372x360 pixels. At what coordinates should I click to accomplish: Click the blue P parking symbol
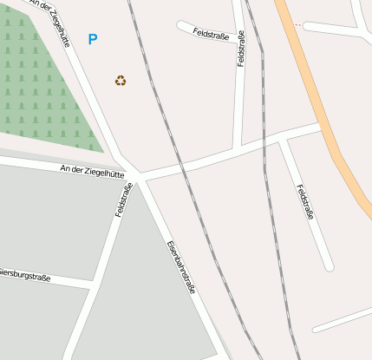pos(92,39)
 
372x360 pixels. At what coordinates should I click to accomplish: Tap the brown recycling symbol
pos(121,81)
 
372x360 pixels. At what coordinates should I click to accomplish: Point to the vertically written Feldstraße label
pos(241,49)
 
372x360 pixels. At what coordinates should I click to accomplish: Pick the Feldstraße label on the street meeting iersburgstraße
pos(123,200)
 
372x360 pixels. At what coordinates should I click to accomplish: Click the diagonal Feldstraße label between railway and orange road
pos(303,201)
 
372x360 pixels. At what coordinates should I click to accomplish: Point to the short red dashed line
pos(297,24)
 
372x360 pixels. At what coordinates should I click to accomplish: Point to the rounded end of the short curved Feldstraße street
pos(180,25)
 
